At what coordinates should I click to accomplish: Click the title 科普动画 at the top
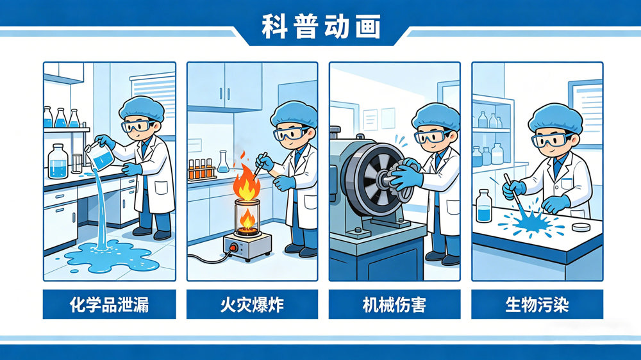coord(321,26)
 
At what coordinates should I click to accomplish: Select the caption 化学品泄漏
coord(109,304)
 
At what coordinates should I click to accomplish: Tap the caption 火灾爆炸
coord(252,304)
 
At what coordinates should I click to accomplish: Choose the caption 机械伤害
coord(394,304)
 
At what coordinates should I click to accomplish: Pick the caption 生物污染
coord(537,304)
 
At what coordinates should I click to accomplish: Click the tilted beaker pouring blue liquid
coord(99,156)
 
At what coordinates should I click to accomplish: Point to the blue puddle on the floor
coord(111,257)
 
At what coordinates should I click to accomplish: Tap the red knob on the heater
coord(233,247)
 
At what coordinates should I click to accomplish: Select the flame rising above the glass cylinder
coord(247,183)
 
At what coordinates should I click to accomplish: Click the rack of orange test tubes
coord(201,169)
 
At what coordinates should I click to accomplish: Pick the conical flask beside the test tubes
coord(223,162)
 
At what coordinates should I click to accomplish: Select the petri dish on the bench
coord(581,227)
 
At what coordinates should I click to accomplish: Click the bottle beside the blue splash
coord(483,206)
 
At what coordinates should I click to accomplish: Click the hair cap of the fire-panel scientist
coord(294,113)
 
